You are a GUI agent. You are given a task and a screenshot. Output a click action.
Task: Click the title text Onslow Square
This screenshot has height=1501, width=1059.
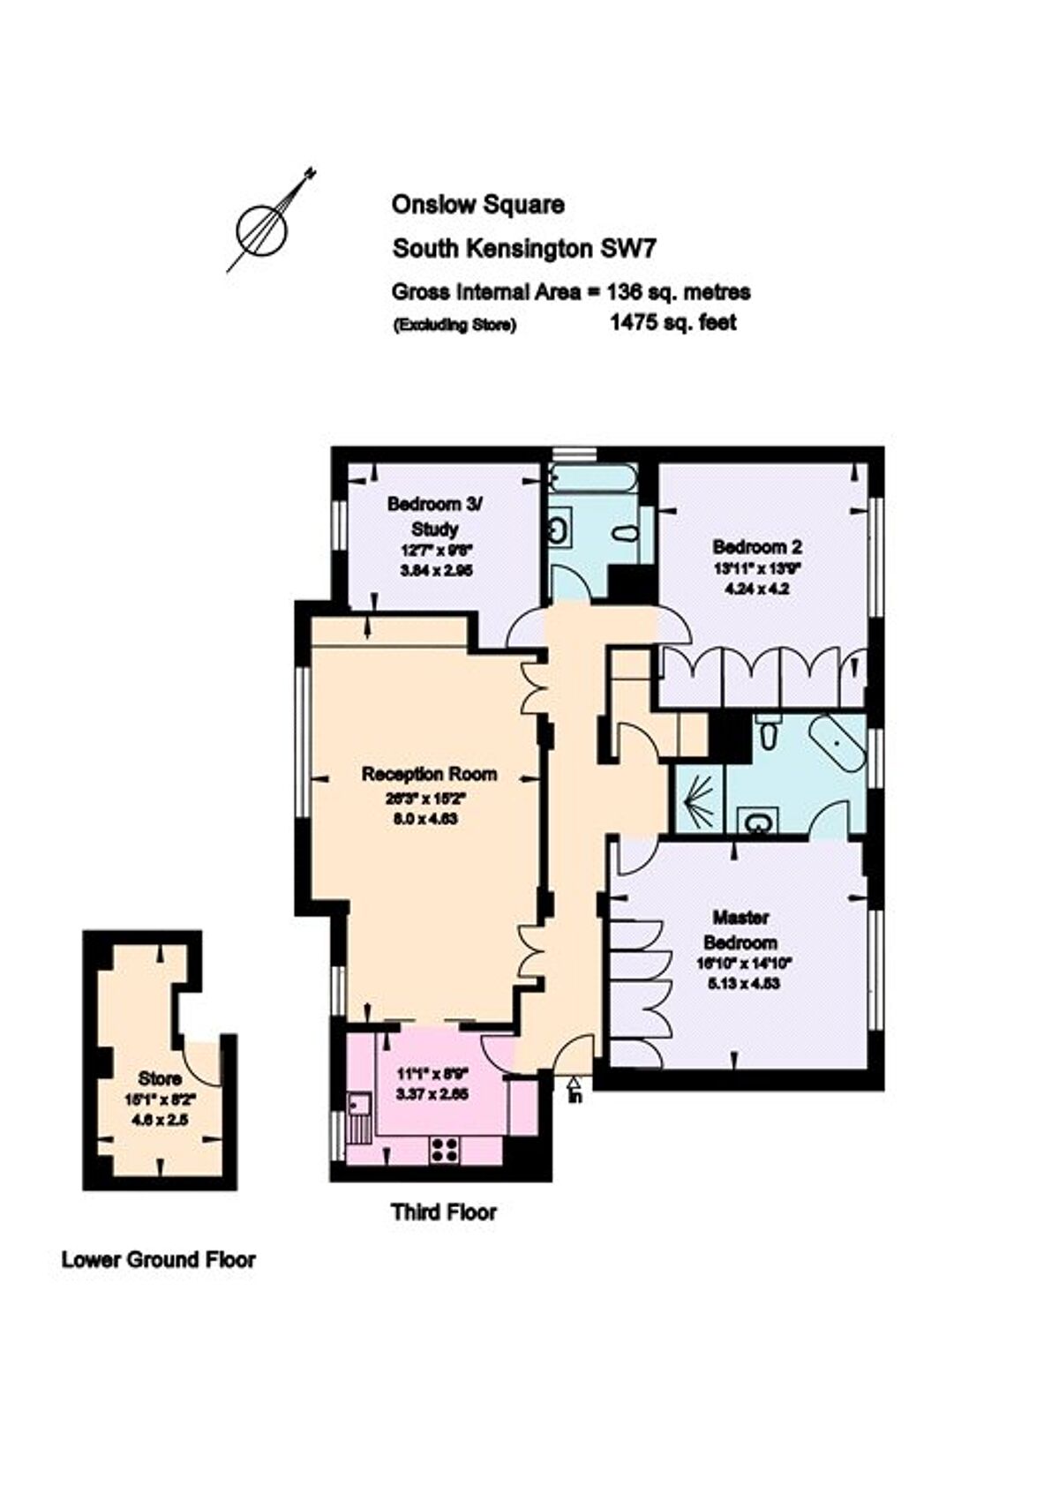click(x=477, y=205)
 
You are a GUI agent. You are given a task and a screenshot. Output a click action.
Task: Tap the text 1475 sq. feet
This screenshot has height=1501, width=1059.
click(x=672, y=323)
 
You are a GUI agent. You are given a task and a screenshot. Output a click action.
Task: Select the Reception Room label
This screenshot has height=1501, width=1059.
click(x=429, y=774)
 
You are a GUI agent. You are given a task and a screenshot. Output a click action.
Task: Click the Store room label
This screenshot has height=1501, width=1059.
click(x=160, y=1078)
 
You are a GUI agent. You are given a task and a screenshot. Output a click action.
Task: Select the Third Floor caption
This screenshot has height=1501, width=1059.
click(x=444, y=1212)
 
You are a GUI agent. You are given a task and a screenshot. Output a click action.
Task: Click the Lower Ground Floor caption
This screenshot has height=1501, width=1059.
click(x=159, y=1259)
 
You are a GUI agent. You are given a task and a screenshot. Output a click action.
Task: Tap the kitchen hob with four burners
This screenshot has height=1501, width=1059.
click(x=444, y=1148)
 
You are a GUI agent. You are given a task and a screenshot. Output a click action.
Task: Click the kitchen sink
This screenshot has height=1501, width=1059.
click(x=359, y=1105)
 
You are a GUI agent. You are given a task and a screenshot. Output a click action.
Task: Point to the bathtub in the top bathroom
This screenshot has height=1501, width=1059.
click(x=591, y=479)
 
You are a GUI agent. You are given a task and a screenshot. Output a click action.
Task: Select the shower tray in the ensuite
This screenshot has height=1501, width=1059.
click(x=699, y=800)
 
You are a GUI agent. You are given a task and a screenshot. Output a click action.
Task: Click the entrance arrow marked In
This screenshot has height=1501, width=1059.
click(x=575, y=1090)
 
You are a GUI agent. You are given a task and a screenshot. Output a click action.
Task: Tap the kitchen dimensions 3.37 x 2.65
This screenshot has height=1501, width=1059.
click(x=432, y=1093)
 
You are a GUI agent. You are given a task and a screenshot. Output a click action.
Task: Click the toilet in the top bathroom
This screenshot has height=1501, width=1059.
click(x=625, y=535)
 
